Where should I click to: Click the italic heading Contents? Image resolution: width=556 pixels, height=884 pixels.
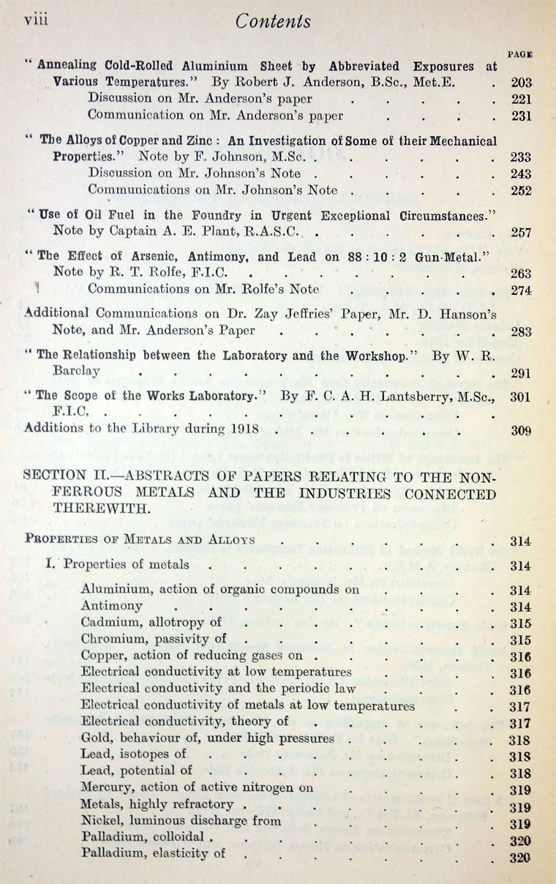click(272, 21)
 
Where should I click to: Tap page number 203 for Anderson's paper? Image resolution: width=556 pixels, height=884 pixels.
click(521, 83)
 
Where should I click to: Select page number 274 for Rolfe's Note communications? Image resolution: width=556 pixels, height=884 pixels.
click(521, 290)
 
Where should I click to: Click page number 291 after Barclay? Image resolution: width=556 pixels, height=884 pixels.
click(521, 372)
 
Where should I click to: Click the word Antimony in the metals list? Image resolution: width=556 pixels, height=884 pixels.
click(112, 607)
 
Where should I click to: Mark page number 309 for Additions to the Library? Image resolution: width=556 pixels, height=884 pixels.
click(521, 430)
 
